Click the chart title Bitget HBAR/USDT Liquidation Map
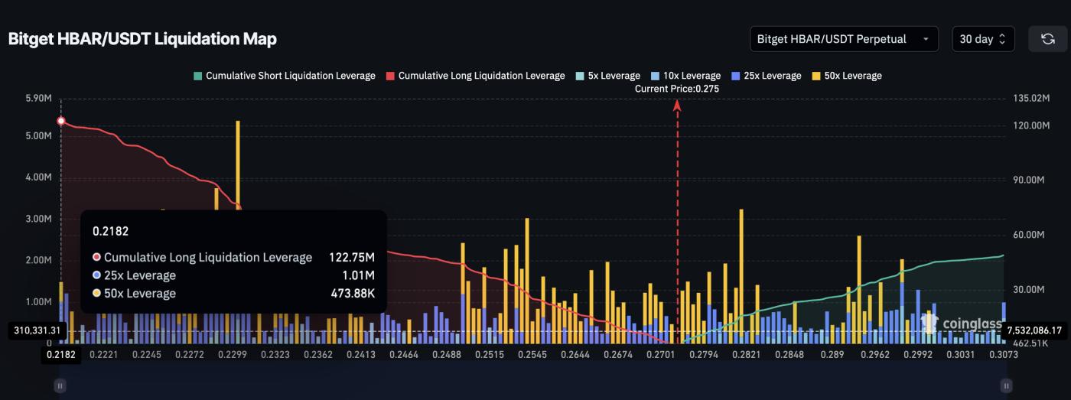pyautogui.click(x=142, y=39)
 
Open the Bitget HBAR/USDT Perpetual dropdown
pyautogui.click(x=843, y=39)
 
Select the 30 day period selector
pyautogui.click(x=982, y=39)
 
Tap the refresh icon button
pyautogui.click(x=1047, y=39)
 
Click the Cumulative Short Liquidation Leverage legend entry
pyautogui.click(x=285, y=76)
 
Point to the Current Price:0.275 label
pyautogui.click(x=677, y=89)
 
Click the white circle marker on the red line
pyautogui.click(x=61, y=121)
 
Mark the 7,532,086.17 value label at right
pyautogui.click(x=1034, y=330)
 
